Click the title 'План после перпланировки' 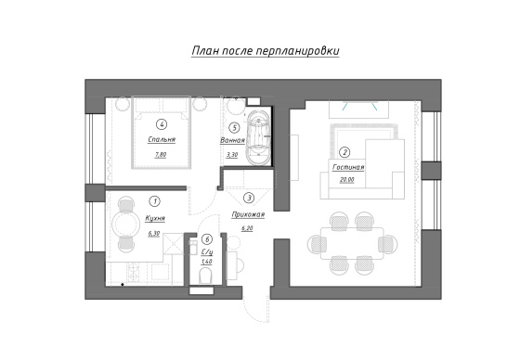[266, 51]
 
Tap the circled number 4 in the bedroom [162, 124]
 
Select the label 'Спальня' [162, 139]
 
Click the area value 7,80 [161, 154]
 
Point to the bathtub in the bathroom [258, 137]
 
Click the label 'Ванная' [232, 140]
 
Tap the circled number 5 [234, 127]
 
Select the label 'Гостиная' [348, 167]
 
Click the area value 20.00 [347, 180]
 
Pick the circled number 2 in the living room [345, 152]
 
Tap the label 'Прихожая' [248, 215]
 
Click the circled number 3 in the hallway [249, 199]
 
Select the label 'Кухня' [155, 218]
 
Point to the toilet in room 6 [205, 277]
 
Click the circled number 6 [207, 239]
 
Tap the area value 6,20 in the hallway [247, 228]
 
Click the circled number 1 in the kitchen [154, 201]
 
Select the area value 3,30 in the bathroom [232, 154]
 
